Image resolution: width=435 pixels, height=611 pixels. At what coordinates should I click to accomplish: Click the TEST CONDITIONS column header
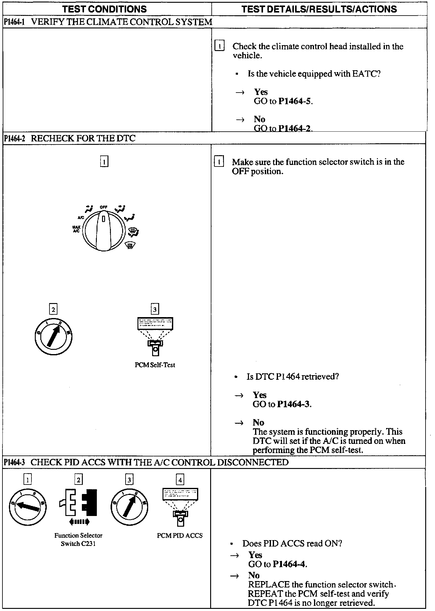click(x=104, y=9)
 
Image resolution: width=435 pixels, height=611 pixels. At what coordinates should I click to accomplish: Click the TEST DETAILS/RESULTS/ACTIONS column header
click(x=319, y=9)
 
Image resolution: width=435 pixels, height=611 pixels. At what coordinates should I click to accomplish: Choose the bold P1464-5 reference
click(x=295, y=101)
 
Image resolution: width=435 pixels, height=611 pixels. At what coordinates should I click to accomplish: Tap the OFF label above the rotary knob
click(x=104, y=207)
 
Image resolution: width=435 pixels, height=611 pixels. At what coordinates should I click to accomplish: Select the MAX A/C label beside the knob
click(x=76, y=229)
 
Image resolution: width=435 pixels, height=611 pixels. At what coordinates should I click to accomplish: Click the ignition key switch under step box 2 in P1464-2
click(x=54, y=337)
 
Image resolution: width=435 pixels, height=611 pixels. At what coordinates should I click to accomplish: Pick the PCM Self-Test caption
click(x=155, y=365)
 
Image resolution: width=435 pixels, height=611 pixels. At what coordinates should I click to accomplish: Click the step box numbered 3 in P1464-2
click(x=155, y=309)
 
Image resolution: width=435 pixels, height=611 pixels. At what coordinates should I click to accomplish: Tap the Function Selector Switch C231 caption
click(x=79, y=540)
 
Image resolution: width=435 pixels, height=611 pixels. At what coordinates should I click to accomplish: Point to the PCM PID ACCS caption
click(x=180, y=536)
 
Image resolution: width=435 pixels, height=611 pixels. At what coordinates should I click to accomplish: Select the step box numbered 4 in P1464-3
click(x=180, y=480)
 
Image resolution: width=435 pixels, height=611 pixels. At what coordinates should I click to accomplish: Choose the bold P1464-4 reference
click(x=290, y=564)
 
